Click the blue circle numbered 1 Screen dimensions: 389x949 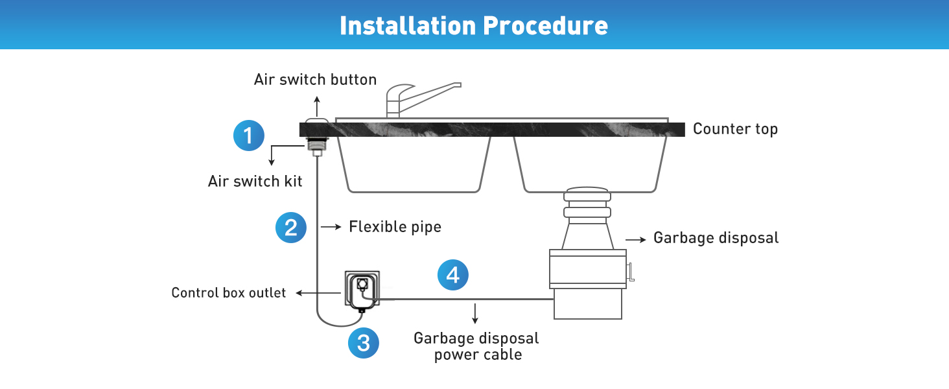[249, 136]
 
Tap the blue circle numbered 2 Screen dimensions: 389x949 [291, 227]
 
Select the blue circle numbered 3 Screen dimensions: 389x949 [363, 342]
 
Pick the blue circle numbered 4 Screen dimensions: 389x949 [452, 275]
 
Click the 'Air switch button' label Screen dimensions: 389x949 [315, 80]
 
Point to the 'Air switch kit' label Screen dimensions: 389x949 [255, 181]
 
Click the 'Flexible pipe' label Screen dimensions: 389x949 [395, 227]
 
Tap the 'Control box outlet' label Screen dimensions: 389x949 [228, 293]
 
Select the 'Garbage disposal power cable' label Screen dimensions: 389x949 [477, 346]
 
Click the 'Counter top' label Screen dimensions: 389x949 [735, 129]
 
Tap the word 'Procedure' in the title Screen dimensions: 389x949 [546, 25]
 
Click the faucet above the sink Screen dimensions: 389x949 [415, 97]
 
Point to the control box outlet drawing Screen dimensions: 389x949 [360, 292]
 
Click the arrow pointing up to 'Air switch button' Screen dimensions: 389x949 [317, 106]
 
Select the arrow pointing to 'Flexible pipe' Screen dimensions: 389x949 [331, 227]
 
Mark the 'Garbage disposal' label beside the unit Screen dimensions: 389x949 [716, 238]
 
